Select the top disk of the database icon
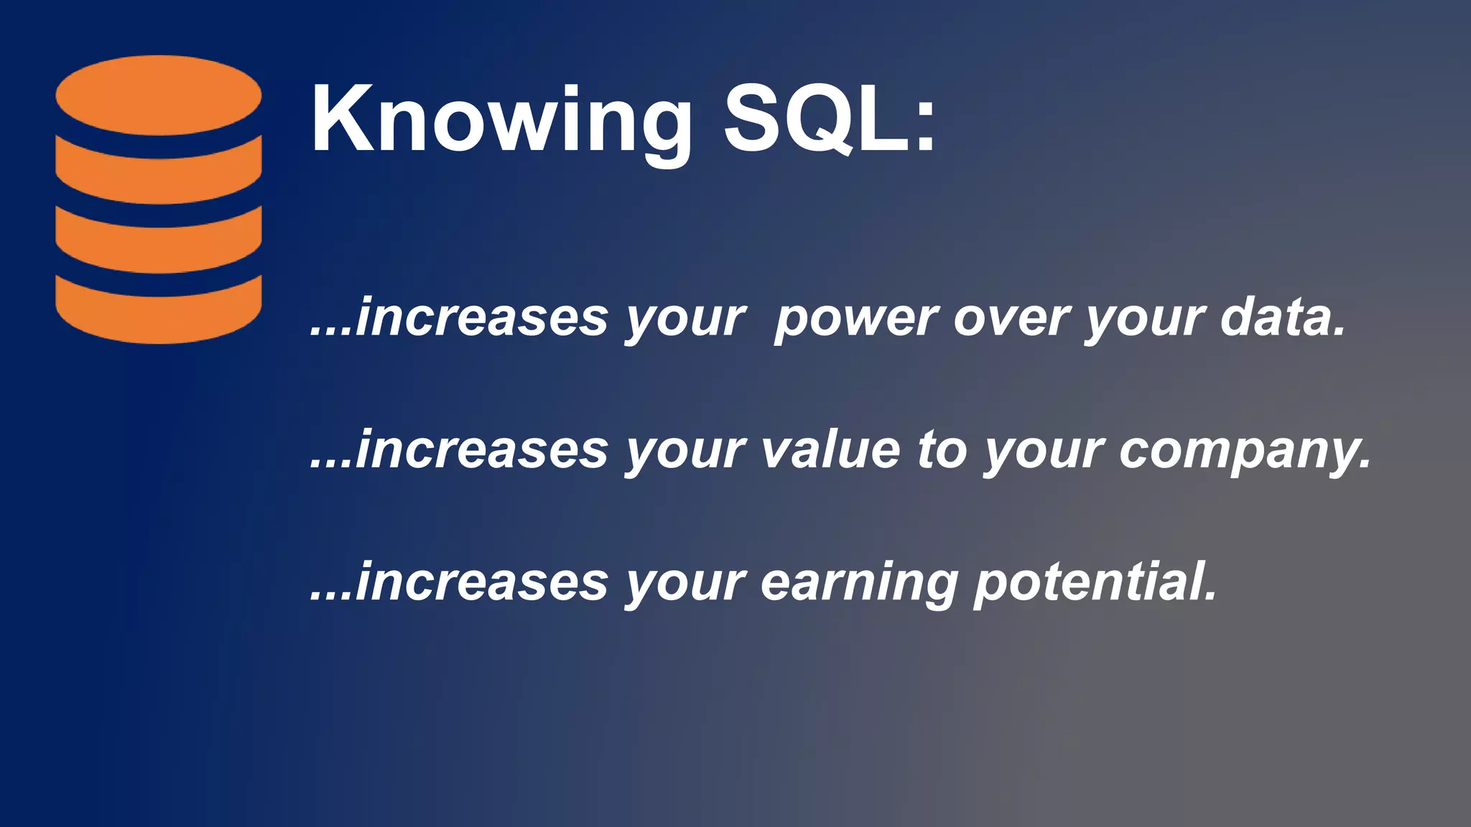(159, 95)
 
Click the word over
(1011, 319)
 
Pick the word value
(830, 451)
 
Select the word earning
(859, 583)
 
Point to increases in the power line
(481, 319)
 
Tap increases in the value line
(481, 451)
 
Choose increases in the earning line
(481, 583)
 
